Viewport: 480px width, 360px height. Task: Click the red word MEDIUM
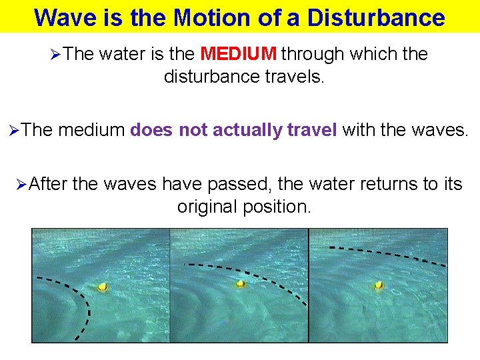239,54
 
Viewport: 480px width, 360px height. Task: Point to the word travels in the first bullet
295,77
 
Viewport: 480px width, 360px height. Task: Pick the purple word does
151,131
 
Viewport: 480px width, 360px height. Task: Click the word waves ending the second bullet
439,131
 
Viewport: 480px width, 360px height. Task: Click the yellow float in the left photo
103,287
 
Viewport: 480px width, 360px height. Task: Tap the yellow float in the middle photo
240,283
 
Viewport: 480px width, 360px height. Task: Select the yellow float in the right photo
378,285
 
